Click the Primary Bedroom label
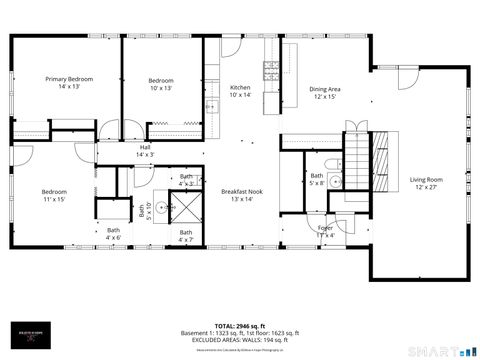pos(66,82)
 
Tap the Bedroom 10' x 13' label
pos(161,85)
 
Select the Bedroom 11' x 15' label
pos(53,196)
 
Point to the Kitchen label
pos(241,91)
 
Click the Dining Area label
pos(325,93)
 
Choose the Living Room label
pos(426,184)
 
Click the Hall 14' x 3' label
pos(145,151)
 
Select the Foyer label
pos(326,231)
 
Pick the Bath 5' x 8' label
pos(316,179)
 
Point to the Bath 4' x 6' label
pos(113,234)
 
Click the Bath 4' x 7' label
pos(186,237)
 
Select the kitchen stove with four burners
pos(270,69)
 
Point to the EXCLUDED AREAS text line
pos(240,340)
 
